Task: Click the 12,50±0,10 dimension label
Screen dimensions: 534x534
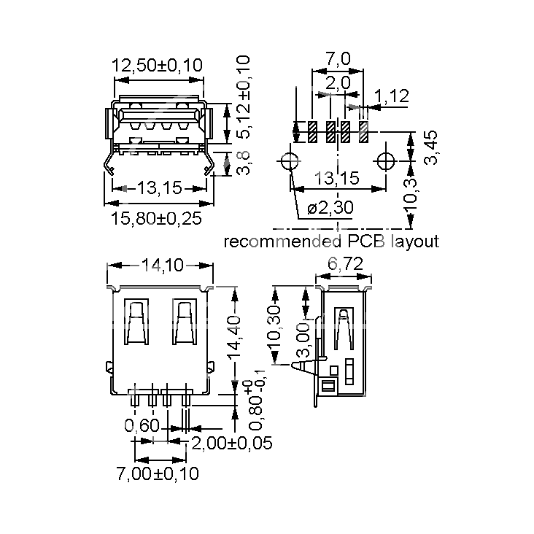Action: pos(157,65)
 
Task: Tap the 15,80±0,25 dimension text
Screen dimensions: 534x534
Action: pos(156,218)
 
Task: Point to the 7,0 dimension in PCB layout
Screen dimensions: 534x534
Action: pos(338,58)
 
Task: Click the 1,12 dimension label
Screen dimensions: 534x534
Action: pos(391,96)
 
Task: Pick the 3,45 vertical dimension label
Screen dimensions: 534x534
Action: pos(430,147)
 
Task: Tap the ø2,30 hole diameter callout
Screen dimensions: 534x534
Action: pos(330,207)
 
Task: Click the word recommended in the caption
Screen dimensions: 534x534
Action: pos(282,241)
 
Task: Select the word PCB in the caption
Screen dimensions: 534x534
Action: pos(366,241)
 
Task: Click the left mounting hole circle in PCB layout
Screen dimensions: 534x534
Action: pos(290,160)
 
